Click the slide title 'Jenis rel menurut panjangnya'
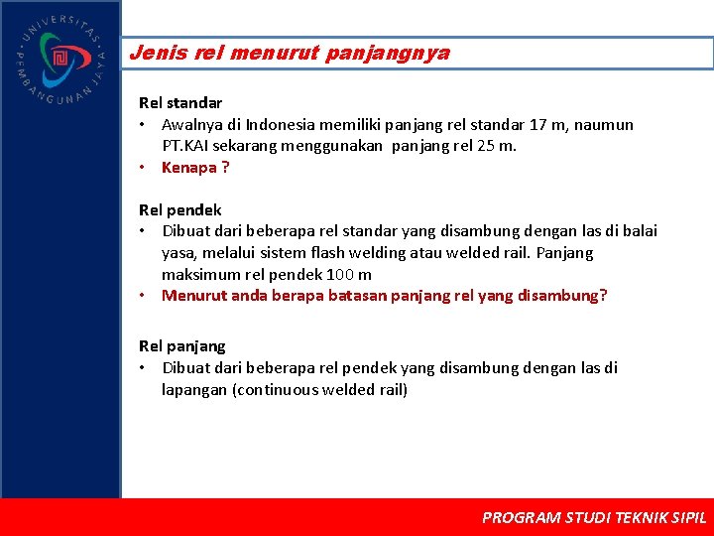point(290,54)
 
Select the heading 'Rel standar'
point(180,102)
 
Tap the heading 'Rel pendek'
point(180,209)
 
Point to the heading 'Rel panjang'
point(182,346)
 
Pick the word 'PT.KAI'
point(186,146)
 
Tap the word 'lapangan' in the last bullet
point(194,389)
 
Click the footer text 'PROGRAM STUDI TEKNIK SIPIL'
point(594,517)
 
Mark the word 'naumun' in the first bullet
point(606,125)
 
